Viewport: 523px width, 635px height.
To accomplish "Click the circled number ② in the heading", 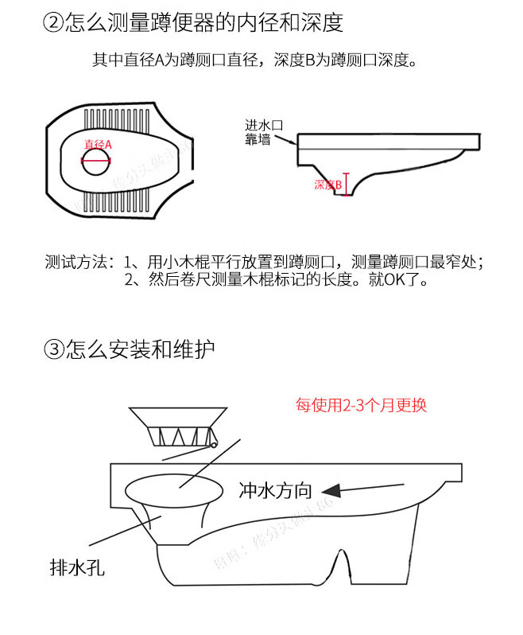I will (x=53, y=23).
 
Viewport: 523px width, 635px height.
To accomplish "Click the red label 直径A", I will (x=98, y=144).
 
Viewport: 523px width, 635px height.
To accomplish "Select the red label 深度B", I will (x=327, y=185).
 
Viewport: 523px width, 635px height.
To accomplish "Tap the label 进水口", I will (x=264, y=126).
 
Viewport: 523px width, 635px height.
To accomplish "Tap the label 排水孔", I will (x=77, y=568).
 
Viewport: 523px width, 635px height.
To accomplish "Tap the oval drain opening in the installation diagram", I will (x=176, y=489).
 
